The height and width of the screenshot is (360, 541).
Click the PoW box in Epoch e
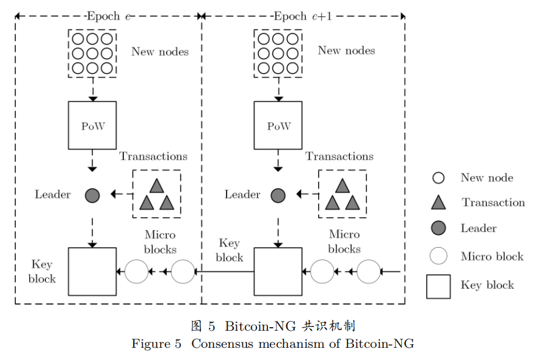click(x=92, y=126)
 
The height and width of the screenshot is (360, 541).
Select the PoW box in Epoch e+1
click(x=278, y=126)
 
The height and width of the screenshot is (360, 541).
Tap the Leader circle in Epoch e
click(x=92, y=195)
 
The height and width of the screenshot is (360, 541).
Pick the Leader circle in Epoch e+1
click(x=278, y=195)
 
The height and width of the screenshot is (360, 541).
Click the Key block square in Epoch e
click(x=92, y=272)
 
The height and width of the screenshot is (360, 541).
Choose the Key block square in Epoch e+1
click(x=278, y=272)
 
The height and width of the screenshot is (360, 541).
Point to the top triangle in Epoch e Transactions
click(x=157, y=185)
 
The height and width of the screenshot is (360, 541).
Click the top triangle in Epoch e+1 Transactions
click(x=343, y=185)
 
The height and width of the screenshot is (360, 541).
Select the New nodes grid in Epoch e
click(x=92, y=53)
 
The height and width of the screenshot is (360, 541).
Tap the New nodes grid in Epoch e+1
click(x=278, y=53)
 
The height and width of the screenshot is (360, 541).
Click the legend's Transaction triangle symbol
click(x=438, y=203)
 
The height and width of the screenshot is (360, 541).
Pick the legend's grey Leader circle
click(x=438, y=228)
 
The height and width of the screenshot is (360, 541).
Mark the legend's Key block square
click(x=438, y=286)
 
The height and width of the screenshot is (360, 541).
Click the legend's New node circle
click(x=438, y=178)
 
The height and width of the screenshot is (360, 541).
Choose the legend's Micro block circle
click(x=438, y=256)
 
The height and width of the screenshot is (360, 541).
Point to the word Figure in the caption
click(x=150, y=344)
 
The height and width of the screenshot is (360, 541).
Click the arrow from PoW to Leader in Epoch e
click(x=92, y=161)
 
